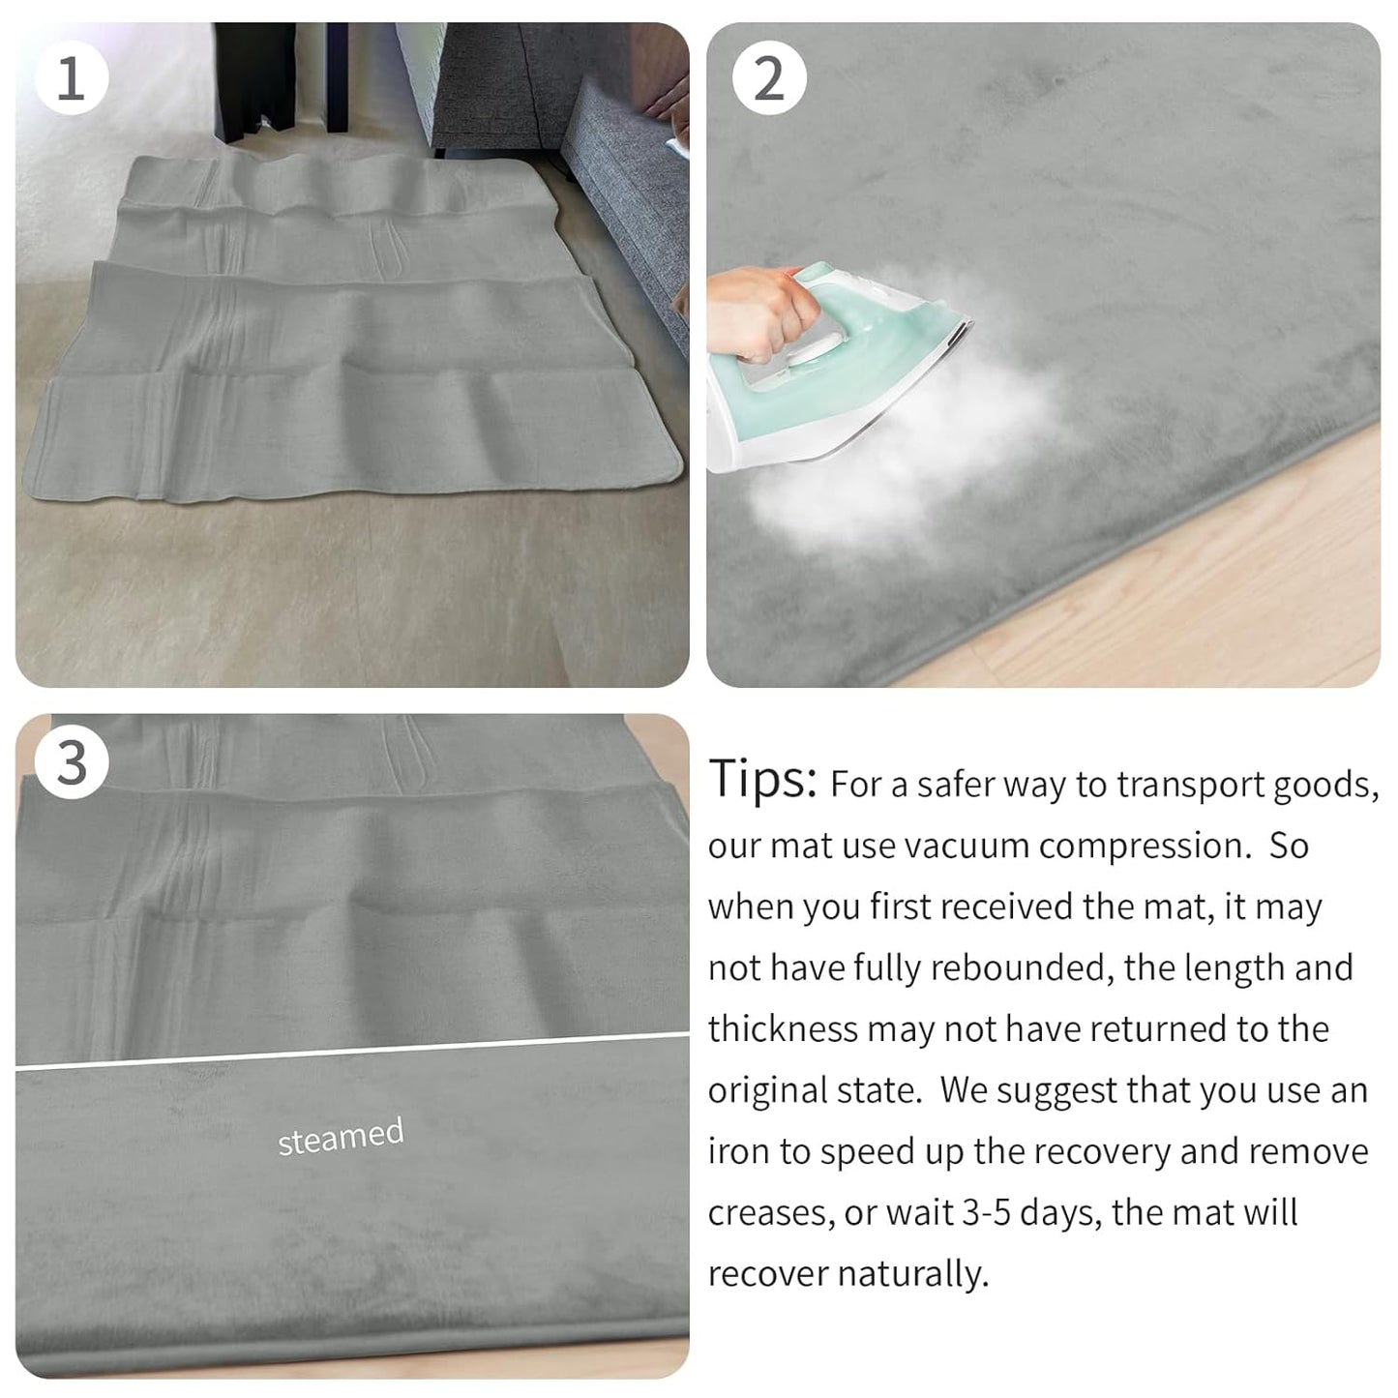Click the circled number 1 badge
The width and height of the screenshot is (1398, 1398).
(x=72, y=77)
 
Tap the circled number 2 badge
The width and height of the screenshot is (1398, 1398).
(x=768, y=77)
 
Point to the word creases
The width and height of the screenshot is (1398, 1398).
(x=770, y=1213)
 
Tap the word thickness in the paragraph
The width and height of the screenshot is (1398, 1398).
(x=783, y=1028)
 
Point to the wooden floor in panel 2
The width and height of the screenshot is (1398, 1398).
(x=1209, y=580)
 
